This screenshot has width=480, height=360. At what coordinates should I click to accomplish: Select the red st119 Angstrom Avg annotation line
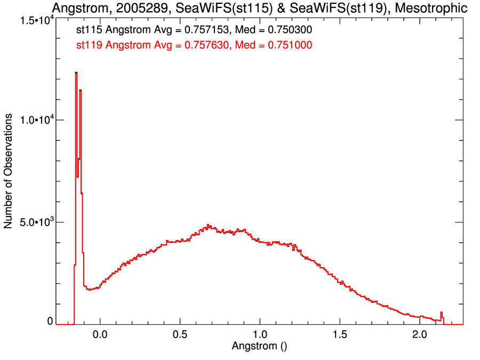coord(194,45)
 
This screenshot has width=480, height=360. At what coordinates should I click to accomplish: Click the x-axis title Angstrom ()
coord(259,346)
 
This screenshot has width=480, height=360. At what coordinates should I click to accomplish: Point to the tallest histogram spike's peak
coord(76,73)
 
